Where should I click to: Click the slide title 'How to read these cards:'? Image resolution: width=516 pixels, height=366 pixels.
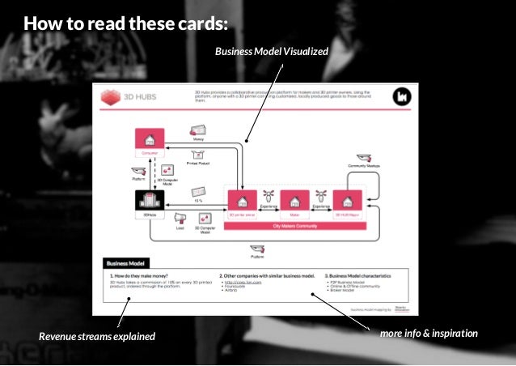point(125,22)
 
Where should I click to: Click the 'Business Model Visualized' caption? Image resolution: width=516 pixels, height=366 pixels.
point(271,52)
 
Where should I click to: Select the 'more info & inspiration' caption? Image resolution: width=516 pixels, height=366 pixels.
point(429,334)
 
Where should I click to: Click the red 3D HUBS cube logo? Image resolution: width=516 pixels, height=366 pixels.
point(111,97)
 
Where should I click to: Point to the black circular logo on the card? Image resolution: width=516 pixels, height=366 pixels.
point(402,97)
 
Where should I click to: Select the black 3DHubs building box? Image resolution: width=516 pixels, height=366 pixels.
point(150,205)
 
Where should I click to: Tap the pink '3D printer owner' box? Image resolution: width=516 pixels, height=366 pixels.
point(243,204)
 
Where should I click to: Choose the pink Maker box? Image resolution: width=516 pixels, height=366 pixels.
point(294,204)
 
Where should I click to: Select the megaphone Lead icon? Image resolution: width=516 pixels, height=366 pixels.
point(180,217)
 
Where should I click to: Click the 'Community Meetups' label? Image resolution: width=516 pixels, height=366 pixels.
point(363,165)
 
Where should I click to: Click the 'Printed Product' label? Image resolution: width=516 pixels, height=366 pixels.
point(198,163)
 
